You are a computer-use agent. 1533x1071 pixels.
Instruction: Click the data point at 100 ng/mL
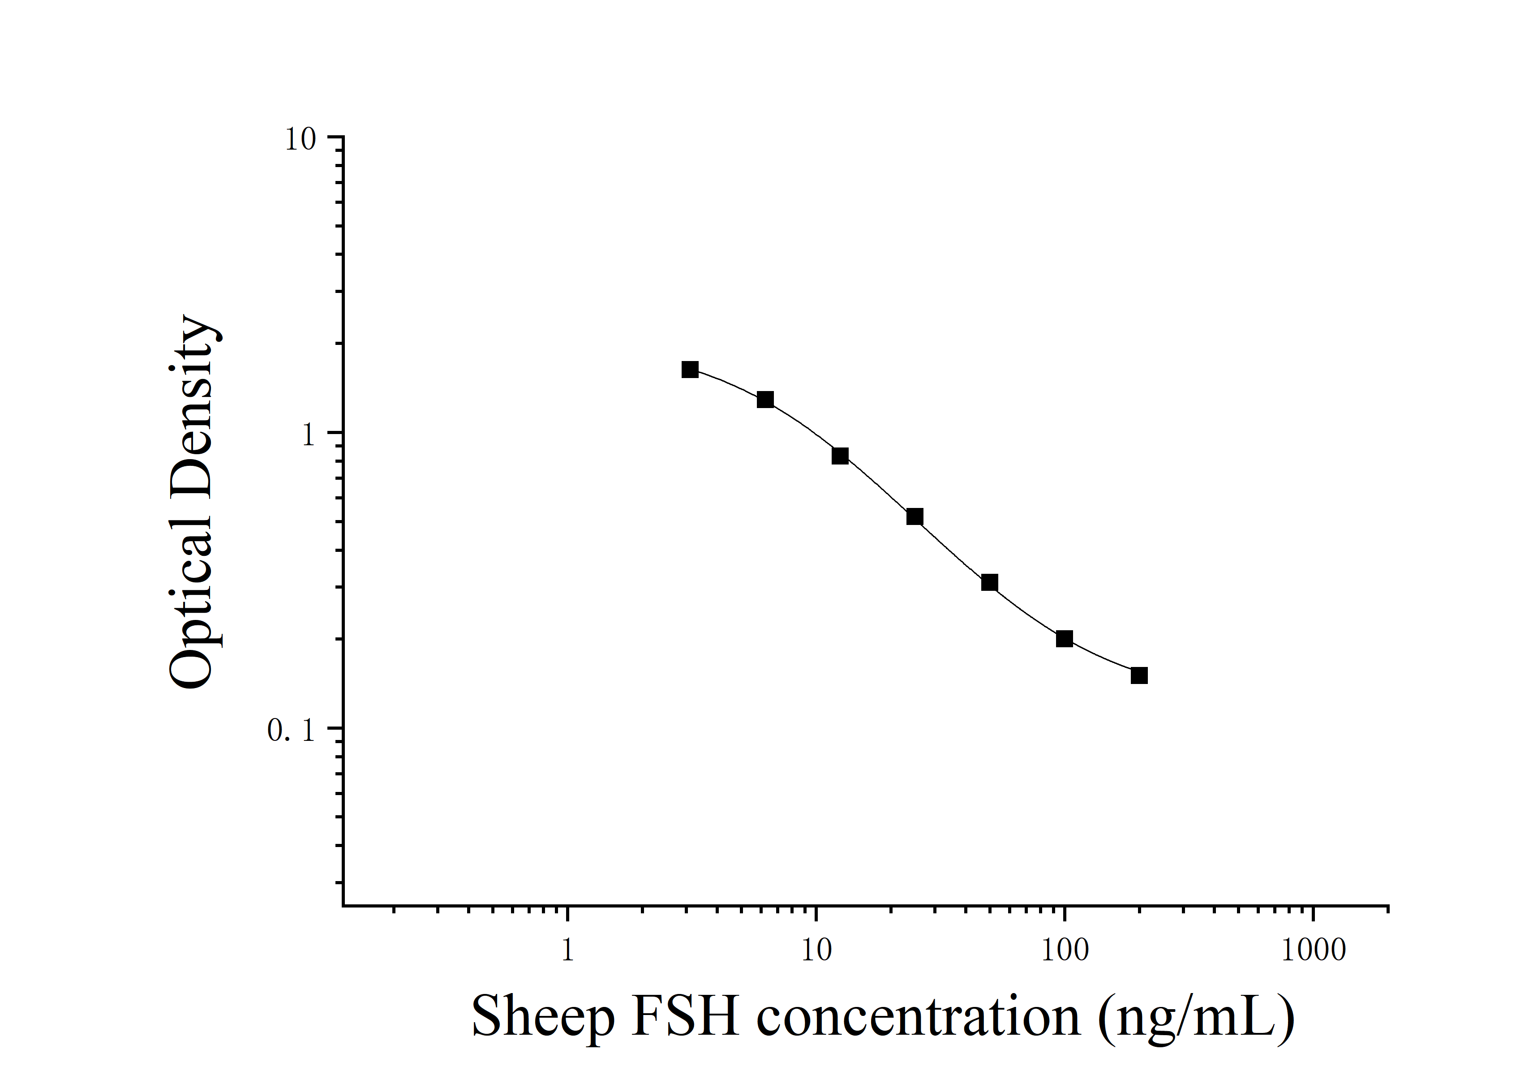click(1064, 639)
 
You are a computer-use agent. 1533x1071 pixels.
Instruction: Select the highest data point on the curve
click(690, 369)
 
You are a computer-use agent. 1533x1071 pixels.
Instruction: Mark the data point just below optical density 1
click(840, 456)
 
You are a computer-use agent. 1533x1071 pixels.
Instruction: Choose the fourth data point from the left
click(915, 517)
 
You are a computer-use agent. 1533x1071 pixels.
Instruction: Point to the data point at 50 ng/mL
click(989, 583)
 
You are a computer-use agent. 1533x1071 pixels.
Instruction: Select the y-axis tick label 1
click(308, 436)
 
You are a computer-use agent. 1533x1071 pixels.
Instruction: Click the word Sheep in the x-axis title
click(543, 1017)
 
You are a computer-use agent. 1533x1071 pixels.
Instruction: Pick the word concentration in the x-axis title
click(918, 1017)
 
